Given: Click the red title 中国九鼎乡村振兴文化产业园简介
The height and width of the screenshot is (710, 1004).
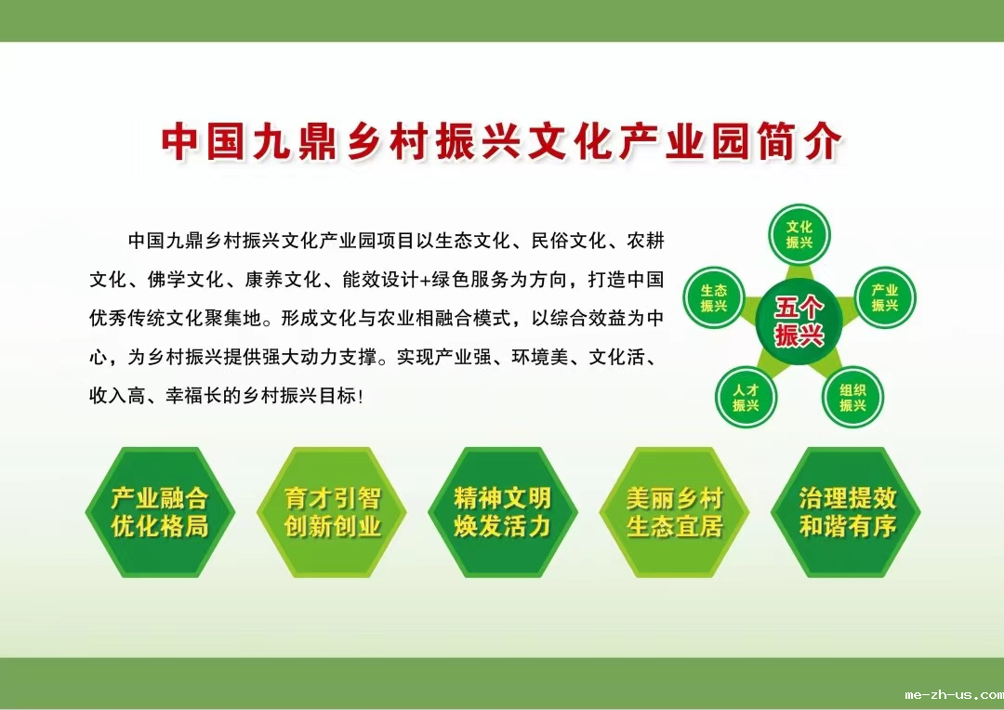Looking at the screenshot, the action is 501,141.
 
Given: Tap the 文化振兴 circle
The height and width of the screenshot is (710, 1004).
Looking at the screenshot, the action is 799,234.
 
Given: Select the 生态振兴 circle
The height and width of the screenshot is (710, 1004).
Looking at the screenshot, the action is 713,297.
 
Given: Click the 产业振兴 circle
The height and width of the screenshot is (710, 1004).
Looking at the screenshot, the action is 885,297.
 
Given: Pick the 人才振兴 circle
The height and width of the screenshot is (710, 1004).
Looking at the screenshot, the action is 746,397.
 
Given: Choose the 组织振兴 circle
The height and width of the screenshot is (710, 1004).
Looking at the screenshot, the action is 852,397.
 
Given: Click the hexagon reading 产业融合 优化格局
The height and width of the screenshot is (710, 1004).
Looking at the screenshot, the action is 160,512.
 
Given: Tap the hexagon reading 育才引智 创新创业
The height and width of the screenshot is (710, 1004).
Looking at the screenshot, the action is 332,512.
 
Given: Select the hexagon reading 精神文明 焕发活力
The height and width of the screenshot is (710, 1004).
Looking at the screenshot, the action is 503,512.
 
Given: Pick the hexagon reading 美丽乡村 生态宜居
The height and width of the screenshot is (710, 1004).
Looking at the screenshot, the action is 674,512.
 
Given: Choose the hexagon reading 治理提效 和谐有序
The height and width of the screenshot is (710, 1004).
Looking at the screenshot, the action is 846,512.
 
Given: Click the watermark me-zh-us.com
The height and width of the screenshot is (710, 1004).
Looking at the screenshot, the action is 954,694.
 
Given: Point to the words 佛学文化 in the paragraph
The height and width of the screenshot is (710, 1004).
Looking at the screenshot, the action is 185,280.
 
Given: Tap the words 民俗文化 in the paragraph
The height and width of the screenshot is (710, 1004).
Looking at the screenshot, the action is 569,241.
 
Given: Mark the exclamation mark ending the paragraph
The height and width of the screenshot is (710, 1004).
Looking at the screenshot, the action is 361,397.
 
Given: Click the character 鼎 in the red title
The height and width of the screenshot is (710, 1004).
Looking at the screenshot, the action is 320,141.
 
